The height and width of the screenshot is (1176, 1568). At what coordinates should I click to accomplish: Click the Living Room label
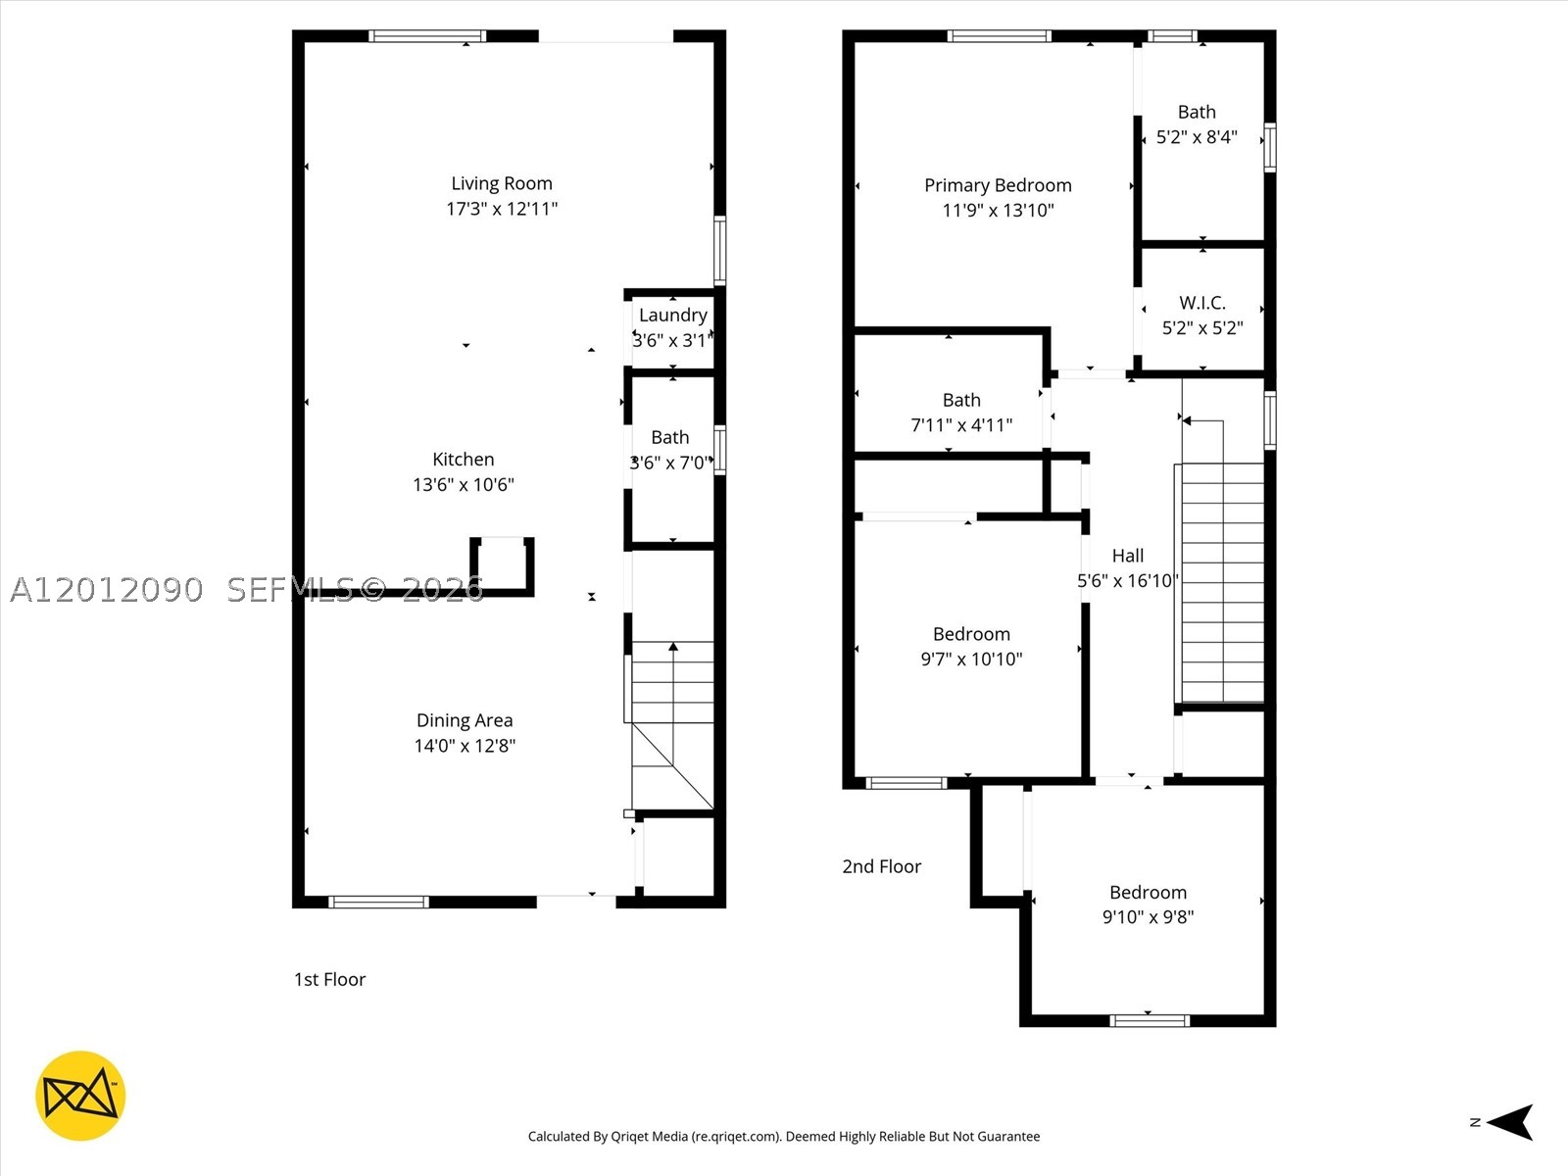tap(502, 183)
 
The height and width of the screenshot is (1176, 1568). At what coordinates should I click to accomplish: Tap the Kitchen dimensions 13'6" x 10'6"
tap(464, 485)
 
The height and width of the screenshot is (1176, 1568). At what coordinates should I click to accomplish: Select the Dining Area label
tap(465, 720)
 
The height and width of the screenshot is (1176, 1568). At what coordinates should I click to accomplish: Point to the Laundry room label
tap(673, 315)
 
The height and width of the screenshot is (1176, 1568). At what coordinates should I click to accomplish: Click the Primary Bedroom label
tap(998, 185)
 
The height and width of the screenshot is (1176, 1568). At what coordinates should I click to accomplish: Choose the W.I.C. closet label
tap(1202, 303)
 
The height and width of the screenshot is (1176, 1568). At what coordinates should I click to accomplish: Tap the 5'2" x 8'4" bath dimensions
tap(1198, 137)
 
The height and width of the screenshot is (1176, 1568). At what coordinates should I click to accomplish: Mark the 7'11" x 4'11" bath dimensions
tap(961, 425)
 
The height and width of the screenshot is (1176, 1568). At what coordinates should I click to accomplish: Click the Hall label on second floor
tap(1128, 556)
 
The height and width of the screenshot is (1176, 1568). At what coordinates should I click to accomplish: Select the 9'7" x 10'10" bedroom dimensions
tap(971, 659)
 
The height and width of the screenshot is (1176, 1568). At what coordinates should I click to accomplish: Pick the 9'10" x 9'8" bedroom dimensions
tap(1148, 917)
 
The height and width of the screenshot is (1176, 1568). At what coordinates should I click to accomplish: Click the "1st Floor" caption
tap(329, 979)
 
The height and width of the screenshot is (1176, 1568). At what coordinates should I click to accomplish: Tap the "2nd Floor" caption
tap(881, 866)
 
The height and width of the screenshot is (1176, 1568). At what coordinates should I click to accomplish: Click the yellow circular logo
tap(80, 1096)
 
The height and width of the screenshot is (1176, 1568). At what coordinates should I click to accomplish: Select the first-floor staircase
tap(672, 725)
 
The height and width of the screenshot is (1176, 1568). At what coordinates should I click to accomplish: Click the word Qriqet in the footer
tap(629, 1136)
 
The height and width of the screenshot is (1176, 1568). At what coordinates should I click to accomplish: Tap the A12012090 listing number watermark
tap(107, 590)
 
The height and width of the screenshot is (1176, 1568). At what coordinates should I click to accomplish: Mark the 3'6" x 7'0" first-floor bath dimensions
tap(671, 463)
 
